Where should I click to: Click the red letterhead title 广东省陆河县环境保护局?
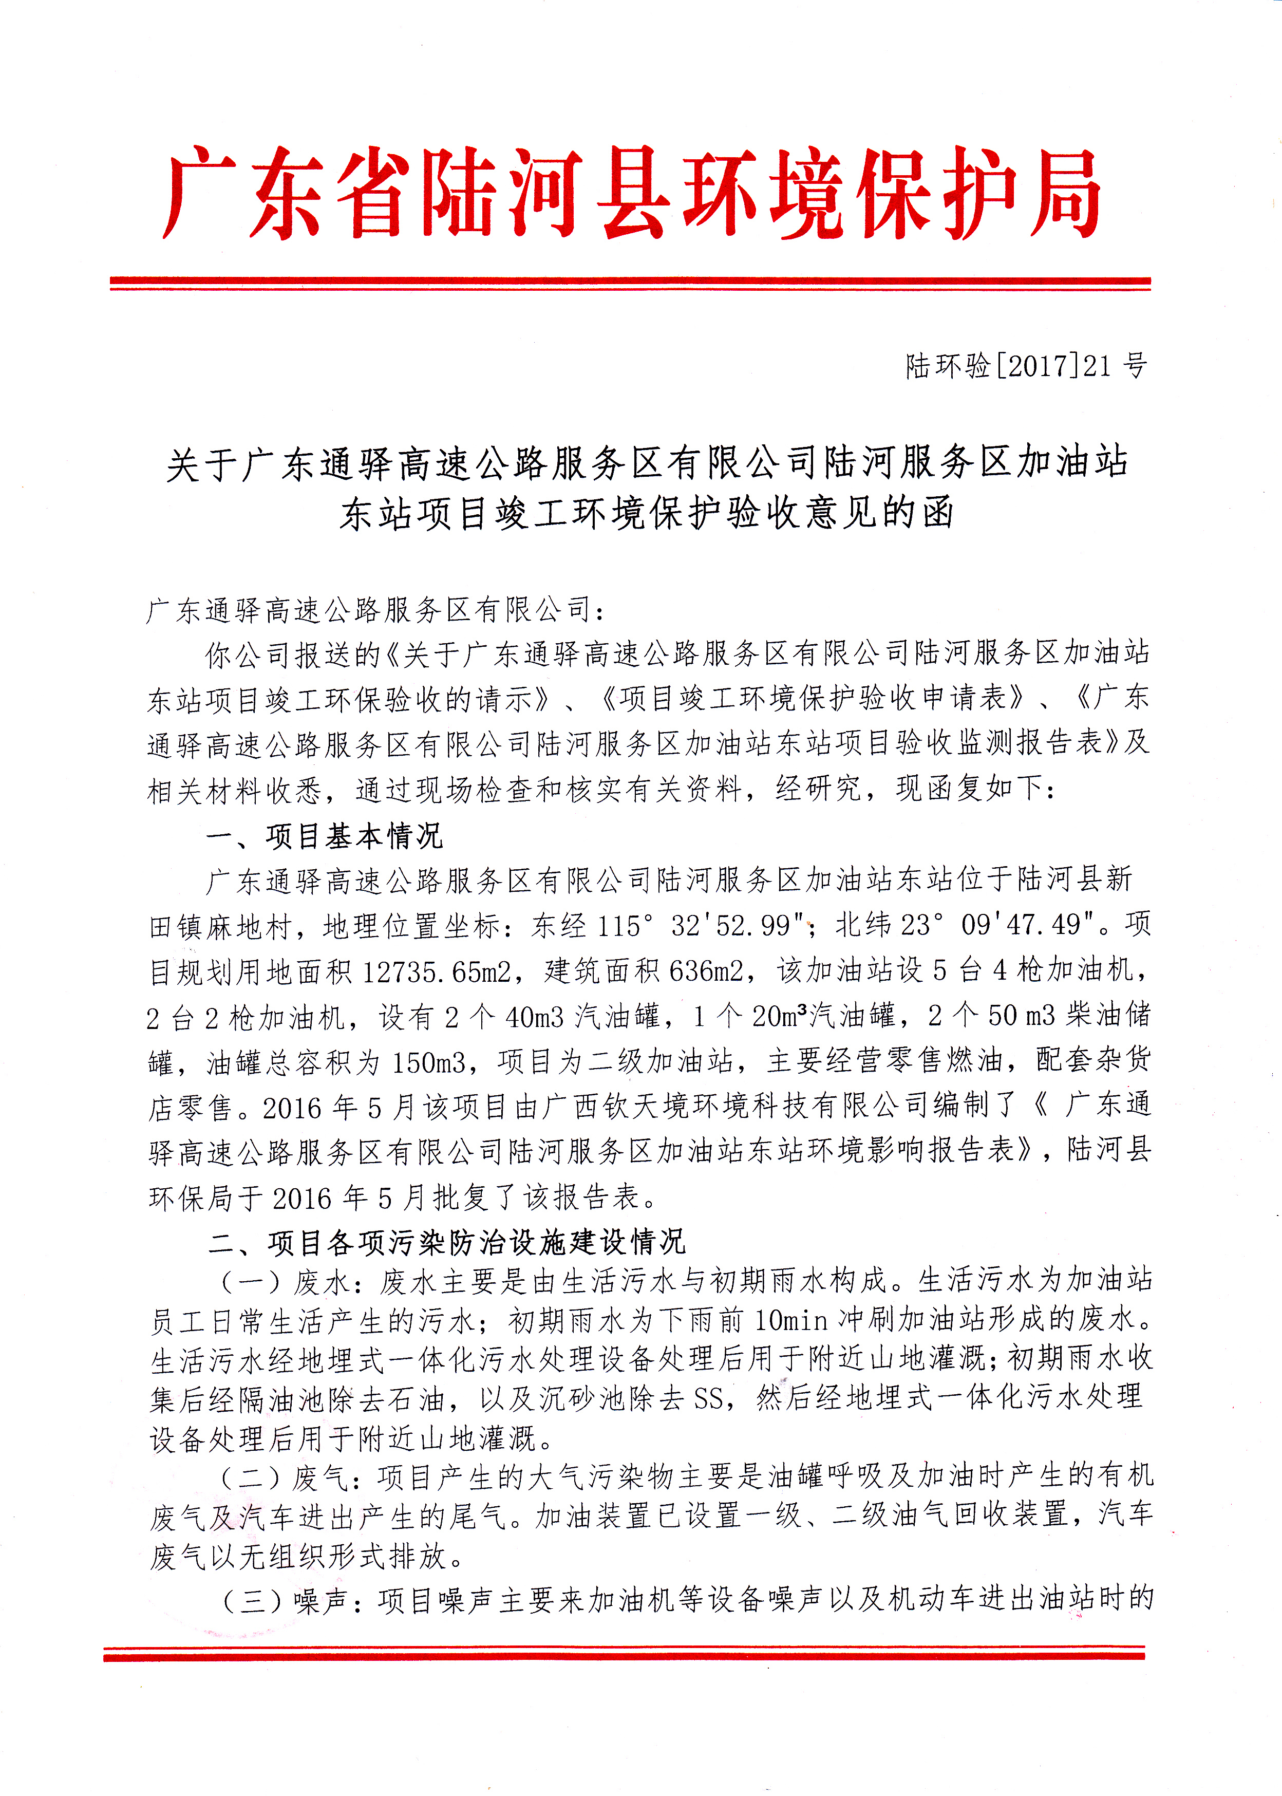tap(632, 193)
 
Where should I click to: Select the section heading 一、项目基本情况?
tap(325, 836)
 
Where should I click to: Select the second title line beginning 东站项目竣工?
tap(647, 514)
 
